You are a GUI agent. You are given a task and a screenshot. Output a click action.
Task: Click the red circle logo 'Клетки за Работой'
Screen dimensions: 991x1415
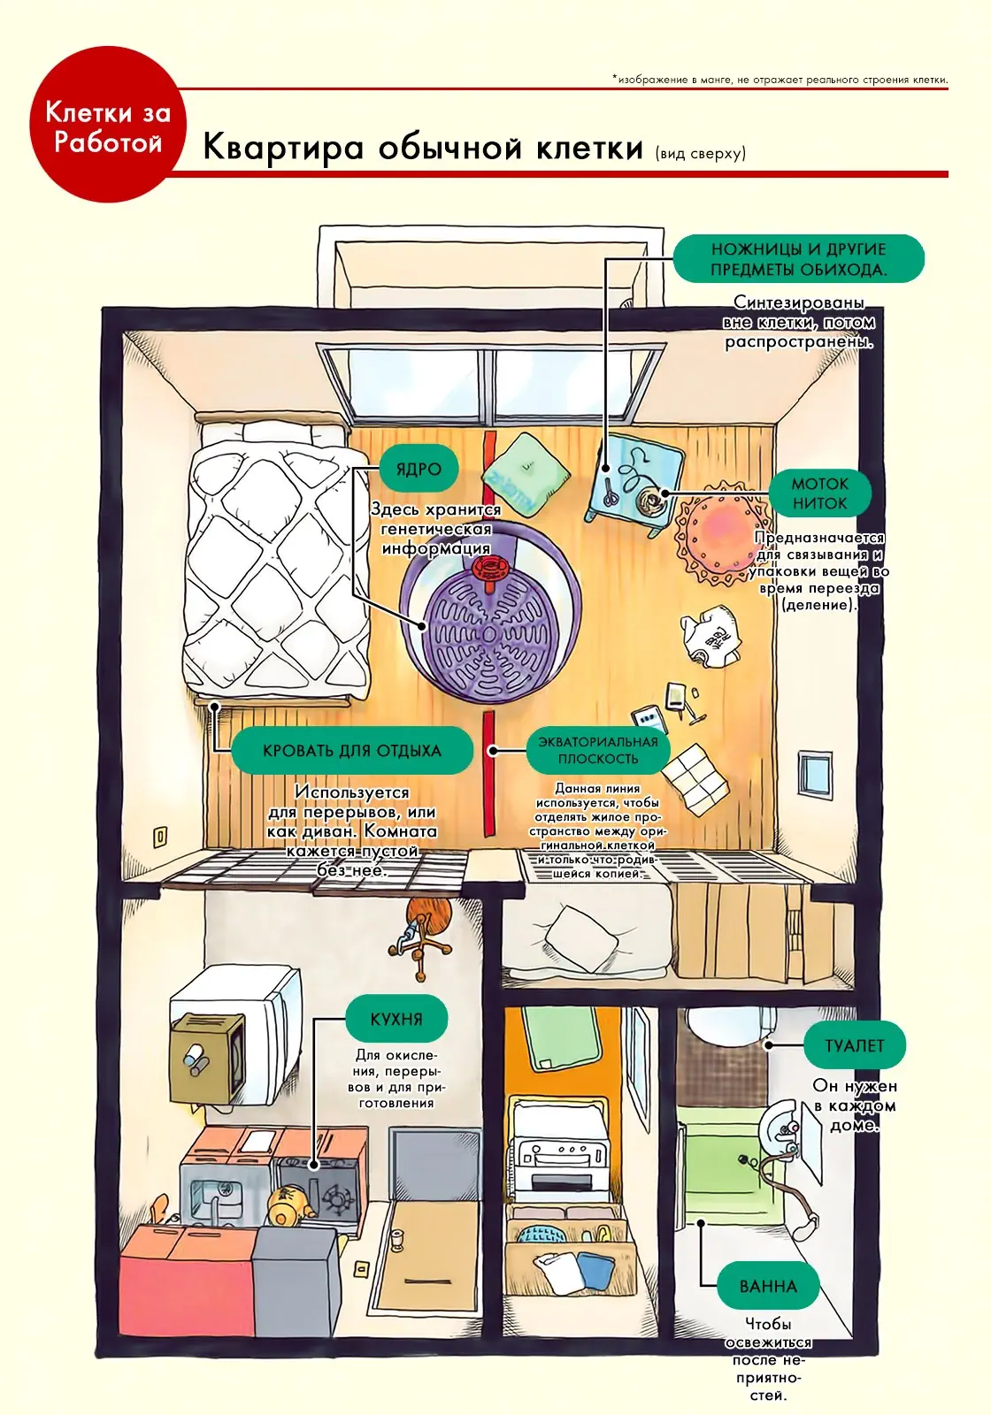(x=108, y=125)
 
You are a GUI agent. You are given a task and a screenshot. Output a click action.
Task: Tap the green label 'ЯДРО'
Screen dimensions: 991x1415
(x=419, y=469)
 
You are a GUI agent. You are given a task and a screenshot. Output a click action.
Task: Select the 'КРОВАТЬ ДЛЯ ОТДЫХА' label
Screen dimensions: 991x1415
(x=352, y=751)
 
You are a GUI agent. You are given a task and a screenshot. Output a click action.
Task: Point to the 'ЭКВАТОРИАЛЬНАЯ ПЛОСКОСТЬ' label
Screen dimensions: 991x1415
(x=598, y=750)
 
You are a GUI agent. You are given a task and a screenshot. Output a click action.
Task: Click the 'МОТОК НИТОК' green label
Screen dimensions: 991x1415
(x=819, y=493)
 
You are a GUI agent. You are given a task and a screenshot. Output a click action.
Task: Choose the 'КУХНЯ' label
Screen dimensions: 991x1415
(x=396, y=1019)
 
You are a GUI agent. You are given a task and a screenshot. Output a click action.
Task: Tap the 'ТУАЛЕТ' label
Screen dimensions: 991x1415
(x=854, y=1045)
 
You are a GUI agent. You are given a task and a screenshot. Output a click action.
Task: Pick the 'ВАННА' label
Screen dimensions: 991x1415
(x=768, y=1286)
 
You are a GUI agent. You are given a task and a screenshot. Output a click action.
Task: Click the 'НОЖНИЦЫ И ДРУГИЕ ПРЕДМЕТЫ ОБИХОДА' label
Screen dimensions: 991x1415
(x=798, y=259)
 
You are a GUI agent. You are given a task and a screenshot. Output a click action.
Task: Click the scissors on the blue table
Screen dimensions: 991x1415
(x=610, y=492)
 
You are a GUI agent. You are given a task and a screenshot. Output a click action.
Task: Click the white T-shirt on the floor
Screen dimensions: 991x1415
(x=711, y=635)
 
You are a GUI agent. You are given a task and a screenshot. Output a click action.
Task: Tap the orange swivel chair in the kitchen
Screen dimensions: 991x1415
(x=422, y=934)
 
